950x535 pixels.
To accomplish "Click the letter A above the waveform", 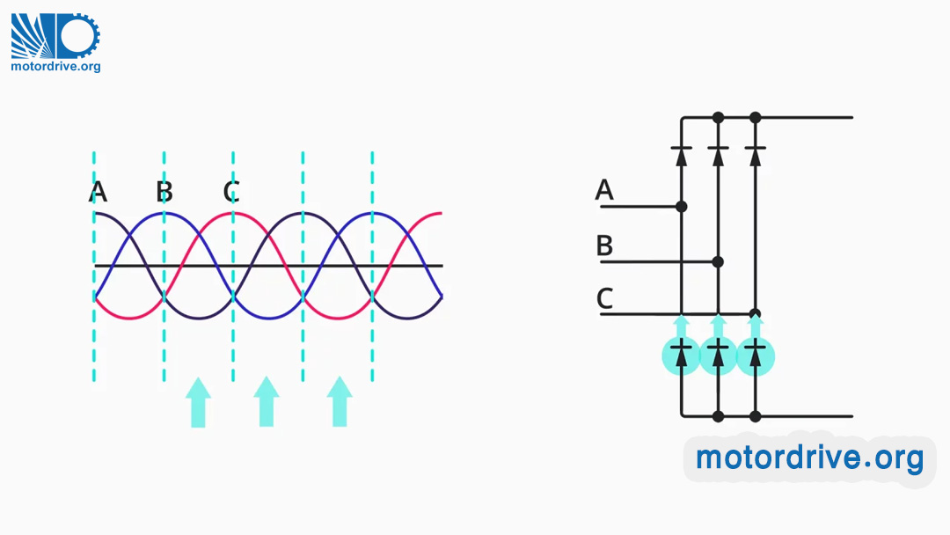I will coord(98,191).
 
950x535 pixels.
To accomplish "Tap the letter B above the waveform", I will coord(164,191).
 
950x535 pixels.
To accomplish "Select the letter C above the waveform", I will coord(231,191).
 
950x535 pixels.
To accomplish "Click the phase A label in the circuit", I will coord(604,189).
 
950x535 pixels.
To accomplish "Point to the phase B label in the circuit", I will coord(604,246).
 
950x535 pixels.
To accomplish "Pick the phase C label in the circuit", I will coord(604,299).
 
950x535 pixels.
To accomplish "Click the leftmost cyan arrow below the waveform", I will coord(198,402).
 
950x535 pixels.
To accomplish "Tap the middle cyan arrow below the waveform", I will coord(267,402).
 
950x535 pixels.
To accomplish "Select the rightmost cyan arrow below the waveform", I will coord(340,402).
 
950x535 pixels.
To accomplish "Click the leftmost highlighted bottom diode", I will coord(681,355).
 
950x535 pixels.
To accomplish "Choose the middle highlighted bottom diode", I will coord(718,355).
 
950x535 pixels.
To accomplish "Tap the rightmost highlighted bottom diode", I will coord(755,355).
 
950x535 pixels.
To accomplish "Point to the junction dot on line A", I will coord(681,207).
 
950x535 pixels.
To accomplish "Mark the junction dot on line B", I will coord(718,261).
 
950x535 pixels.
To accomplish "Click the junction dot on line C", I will coord(755,314).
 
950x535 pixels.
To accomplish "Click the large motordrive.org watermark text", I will coord(809,458).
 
